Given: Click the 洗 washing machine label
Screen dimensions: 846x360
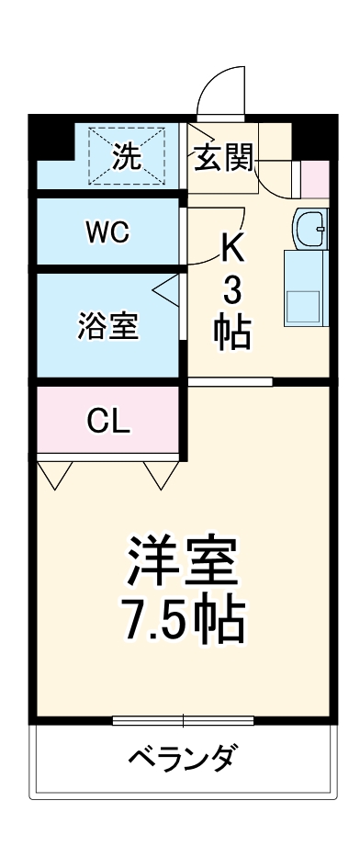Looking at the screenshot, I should tap(128, 157).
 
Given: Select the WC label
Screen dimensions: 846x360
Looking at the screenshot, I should tap(107, 232).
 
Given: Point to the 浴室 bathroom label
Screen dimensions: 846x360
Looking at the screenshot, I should tap(108, 327).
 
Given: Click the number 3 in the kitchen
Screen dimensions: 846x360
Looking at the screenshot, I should tap(232, 291).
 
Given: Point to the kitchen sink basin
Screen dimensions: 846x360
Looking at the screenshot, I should tap(311, 228).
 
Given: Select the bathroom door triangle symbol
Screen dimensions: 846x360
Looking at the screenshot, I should tap(168, 291).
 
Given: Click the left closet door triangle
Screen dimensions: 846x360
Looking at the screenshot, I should tap(54, 472).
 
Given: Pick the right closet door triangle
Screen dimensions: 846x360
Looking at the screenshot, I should tap(162, 472).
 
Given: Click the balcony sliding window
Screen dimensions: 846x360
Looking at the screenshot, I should tap(183, 719).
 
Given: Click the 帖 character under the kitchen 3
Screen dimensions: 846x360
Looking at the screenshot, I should tap(232, 333).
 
